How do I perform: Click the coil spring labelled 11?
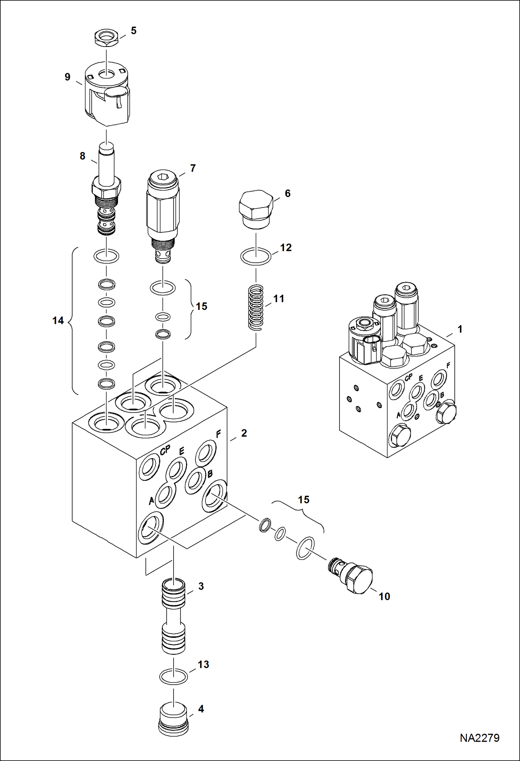[256, 307]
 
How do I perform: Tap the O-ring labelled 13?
[173, 676]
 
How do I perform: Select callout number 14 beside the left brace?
[58, 321]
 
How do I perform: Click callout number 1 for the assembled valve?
[460, 329]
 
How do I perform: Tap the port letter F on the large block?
[218, 434]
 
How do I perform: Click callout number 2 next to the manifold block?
[244, 433]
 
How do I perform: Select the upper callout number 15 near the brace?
[201, 306]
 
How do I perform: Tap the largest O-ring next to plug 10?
[305, 548]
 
